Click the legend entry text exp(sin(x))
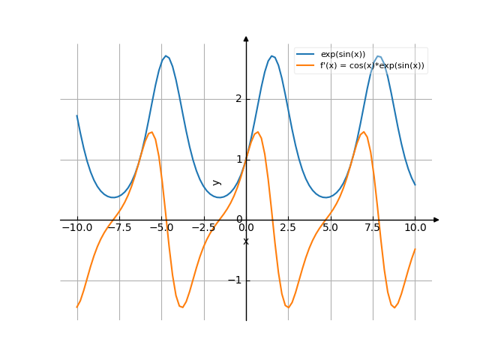(343, 55)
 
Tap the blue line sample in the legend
(304, 55)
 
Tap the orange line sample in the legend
(304, 65)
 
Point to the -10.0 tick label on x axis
(76, 227)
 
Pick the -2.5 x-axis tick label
(203, 227)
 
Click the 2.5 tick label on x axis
(288, 227)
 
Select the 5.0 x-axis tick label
(330, 227)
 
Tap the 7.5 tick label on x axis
(373, 227)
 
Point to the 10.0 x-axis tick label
(415, 227)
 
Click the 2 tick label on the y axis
(238, 99)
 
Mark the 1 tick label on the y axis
(238, 159)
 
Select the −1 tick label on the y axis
(235, 280)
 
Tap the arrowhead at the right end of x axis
(436, 220)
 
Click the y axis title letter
(217, 181)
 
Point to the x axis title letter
(246, 241)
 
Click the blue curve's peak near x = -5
(166, 56)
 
